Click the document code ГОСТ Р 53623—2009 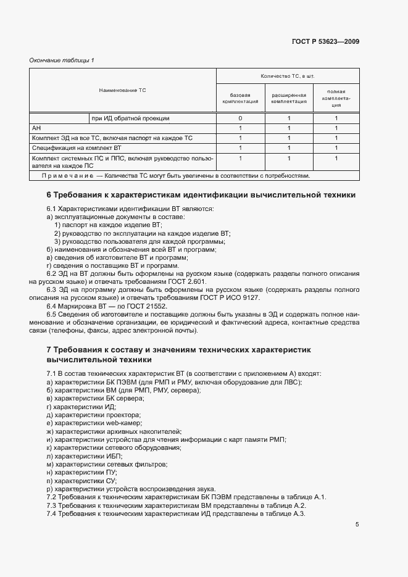tap(325, 42)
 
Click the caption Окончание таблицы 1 tap(62, 60)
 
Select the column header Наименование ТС tap(122, 90)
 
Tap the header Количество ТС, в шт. tap(288, 75)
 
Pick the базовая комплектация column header tap(239, 98)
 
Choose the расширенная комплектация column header tap(288, 98)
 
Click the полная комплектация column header tap(336, 98)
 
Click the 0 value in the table tap(239, 118)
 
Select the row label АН tap(36, 128)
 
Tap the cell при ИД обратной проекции tap(130, 118)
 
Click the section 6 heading tap(201, 194)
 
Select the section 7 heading tap(178, 354)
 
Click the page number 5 tap(357, 525)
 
